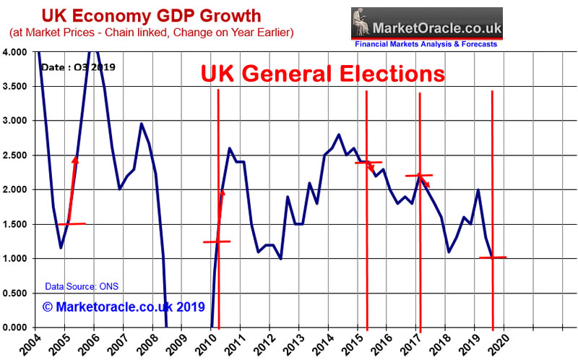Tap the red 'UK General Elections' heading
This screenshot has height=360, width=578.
point(322,74)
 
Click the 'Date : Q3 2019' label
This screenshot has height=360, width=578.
point(78,67)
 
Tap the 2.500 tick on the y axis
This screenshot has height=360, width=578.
point(16,155)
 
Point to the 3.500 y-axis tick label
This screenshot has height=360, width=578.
point(16,86)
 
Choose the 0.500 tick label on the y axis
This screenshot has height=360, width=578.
point(16,293)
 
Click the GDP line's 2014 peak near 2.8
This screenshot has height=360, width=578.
point(339,134)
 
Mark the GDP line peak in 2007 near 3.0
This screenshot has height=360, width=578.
point(142,124)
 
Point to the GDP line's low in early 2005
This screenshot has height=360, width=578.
point(61,248)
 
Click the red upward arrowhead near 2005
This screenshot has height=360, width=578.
point(75,160)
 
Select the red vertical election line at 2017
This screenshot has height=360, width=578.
point(420,217)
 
